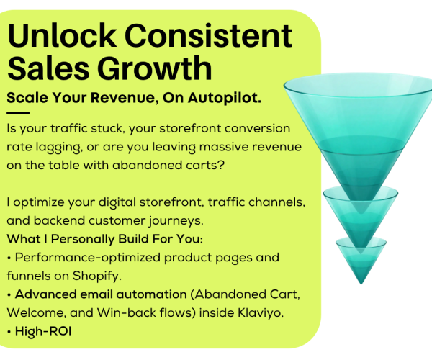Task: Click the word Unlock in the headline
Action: pos(61,35)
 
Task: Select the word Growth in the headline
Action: pos(155,68)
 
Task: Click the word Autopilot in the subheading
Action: pos(224,98)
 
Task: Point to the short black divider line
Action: pos(18,112)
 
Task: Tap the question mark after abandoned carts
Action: pos(221,165)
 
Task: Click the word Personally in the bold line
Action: pos(83,239)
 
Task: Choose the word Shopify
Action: pos(96,276)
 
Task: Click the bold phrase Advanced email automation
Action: pos(101,294)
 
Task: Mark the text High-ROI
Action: pos(43,331)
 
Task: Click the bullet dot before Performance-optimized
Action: pos(9,258)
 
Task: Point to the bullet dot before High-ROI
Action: pos(9,332)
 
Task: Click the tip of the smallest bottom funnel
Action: pos(361,284)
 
